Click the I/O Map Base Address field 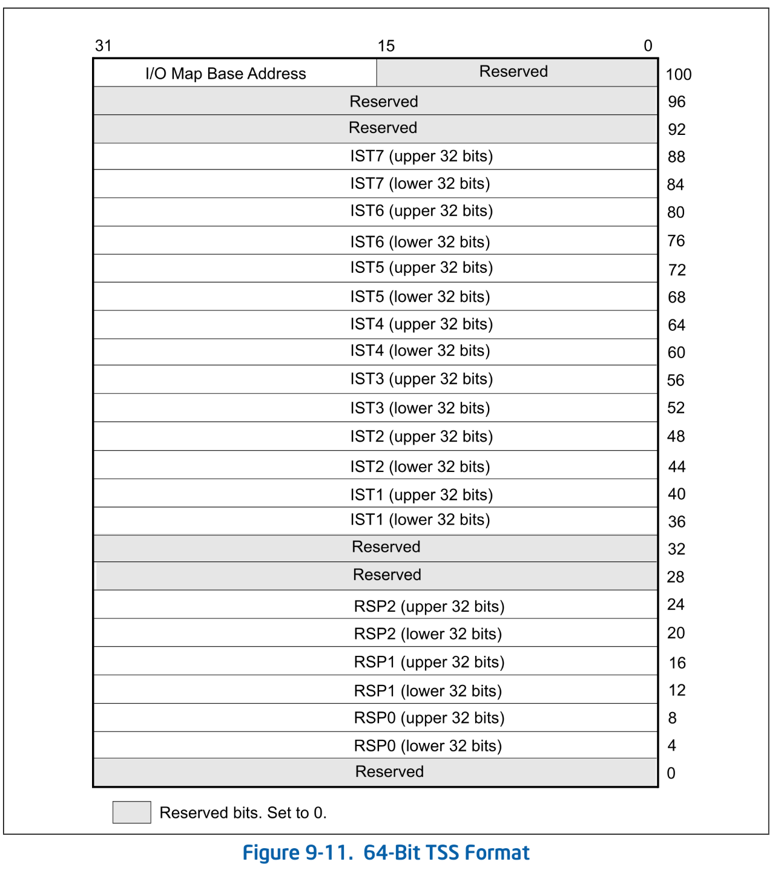[225, 74]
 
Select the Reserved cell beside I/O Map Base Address [513, 72]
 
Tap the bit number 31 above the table [104, 46]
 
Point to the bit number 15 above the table [386, 46]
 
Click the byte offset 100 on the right [678, 74]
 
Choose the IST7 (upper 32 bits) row [421, 156]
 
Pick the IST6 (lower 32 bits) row [420, 242]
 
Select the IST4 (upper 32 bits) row [421, 324]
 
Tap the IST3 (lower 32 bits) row [420, 408]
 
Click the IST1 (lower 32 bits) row [420, 520]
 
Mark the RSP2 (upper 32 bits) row [429, 606]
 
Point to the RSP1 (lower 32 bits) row [428, 691]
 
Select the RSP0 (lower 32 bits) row [428, 746]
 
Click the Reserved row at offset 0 [389, 772]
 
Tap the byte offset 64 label [676, 325]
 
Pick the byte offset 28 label [676, 577]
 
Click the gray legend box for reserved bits [131, 812]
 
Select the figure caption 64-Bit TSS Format [386, 852]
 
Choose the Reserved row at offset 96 [384, 102]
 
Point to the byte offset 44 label [676, 467]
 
